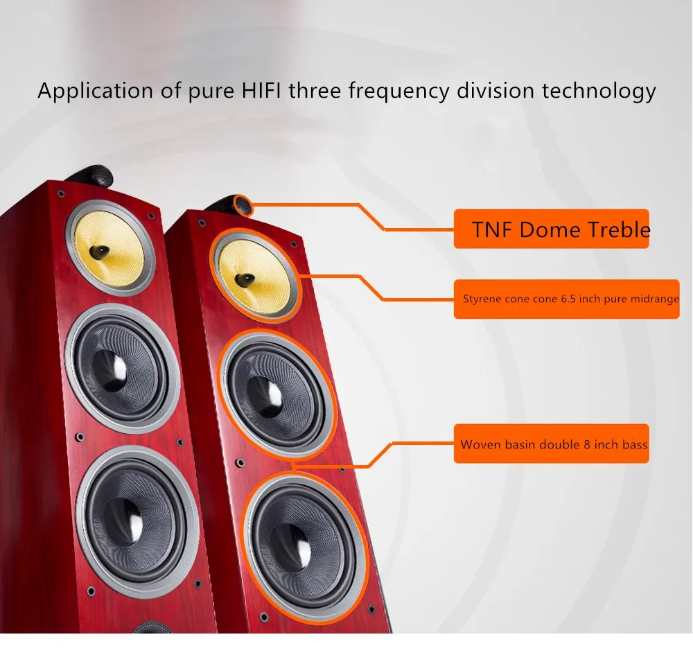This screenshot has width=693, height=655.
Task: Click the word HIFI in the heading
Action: click(x=261, y=90)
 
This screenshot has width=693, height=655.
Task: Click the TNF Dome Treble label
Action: click(x=551, y=229)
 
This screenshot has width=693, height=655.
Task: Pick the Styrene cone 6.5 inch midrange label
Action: click(x=567, y=299)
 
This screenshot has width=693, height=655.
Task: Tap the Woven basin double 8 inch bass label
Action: click(x=551, y=444)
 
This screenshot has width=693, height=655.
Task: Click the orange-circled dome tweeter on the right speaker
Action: click(x=243, y=205)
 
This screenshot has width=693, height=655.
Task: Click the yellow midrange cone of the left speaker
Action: click(x=109, y=247)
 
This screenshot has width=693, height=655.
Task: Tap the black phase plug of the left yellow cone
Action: click(x=99, y=252)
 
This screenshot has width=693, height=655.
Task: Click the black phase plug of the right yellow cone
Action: click(x=244, y=279)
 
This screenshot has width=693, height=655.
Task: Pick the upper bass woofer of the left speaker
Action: click(x=121, y=369)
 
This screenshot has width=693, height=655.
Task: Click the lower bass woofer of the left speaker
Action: click(x=137, y=521)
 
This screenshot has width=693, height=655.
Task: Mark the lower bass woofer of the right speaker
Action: click(x=305, y=548)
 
